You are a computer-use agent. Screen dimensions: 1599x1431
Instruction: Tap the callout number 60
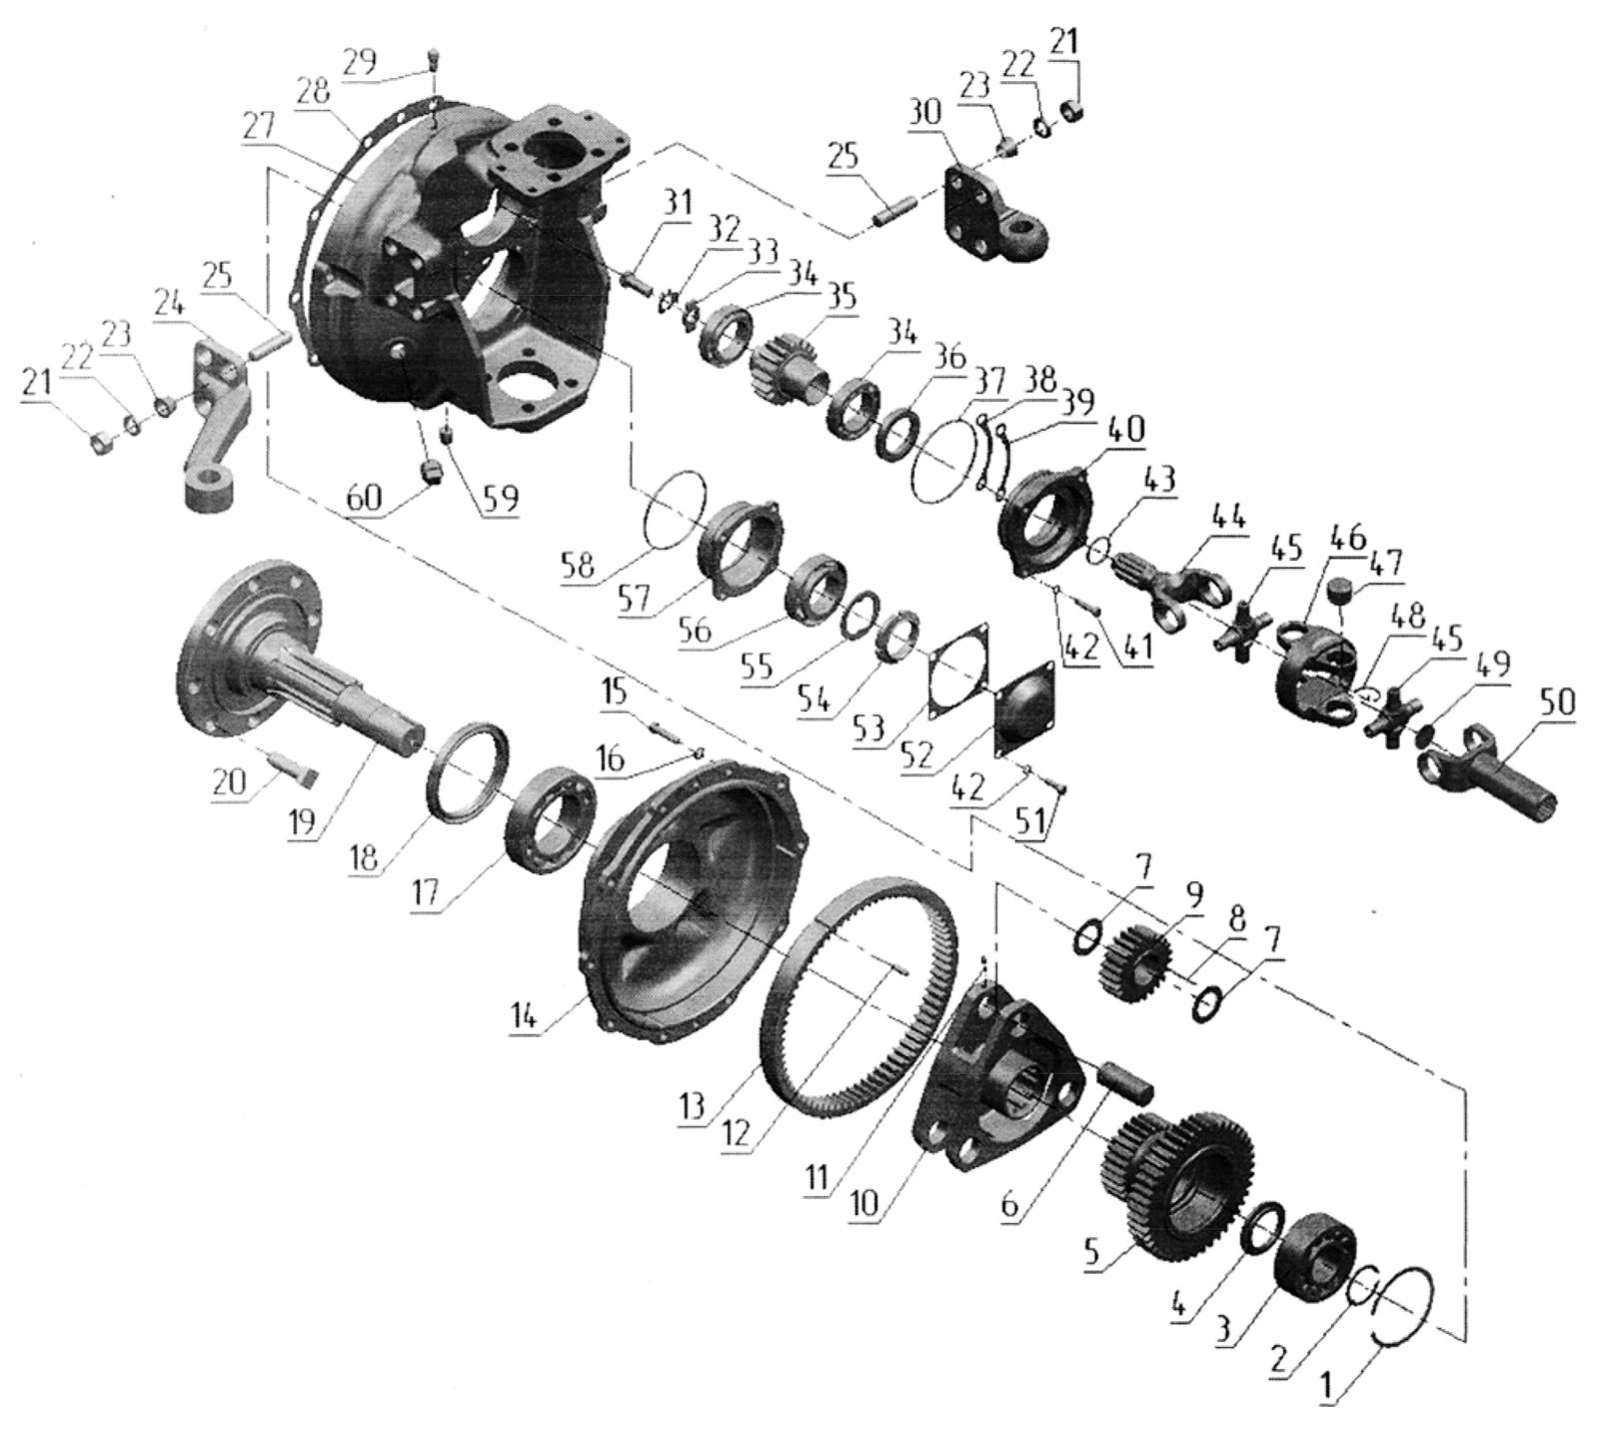tap(365, 498)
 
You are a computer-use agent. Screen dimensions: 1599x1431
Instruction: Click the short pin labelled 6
tap(1124, 1082)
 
